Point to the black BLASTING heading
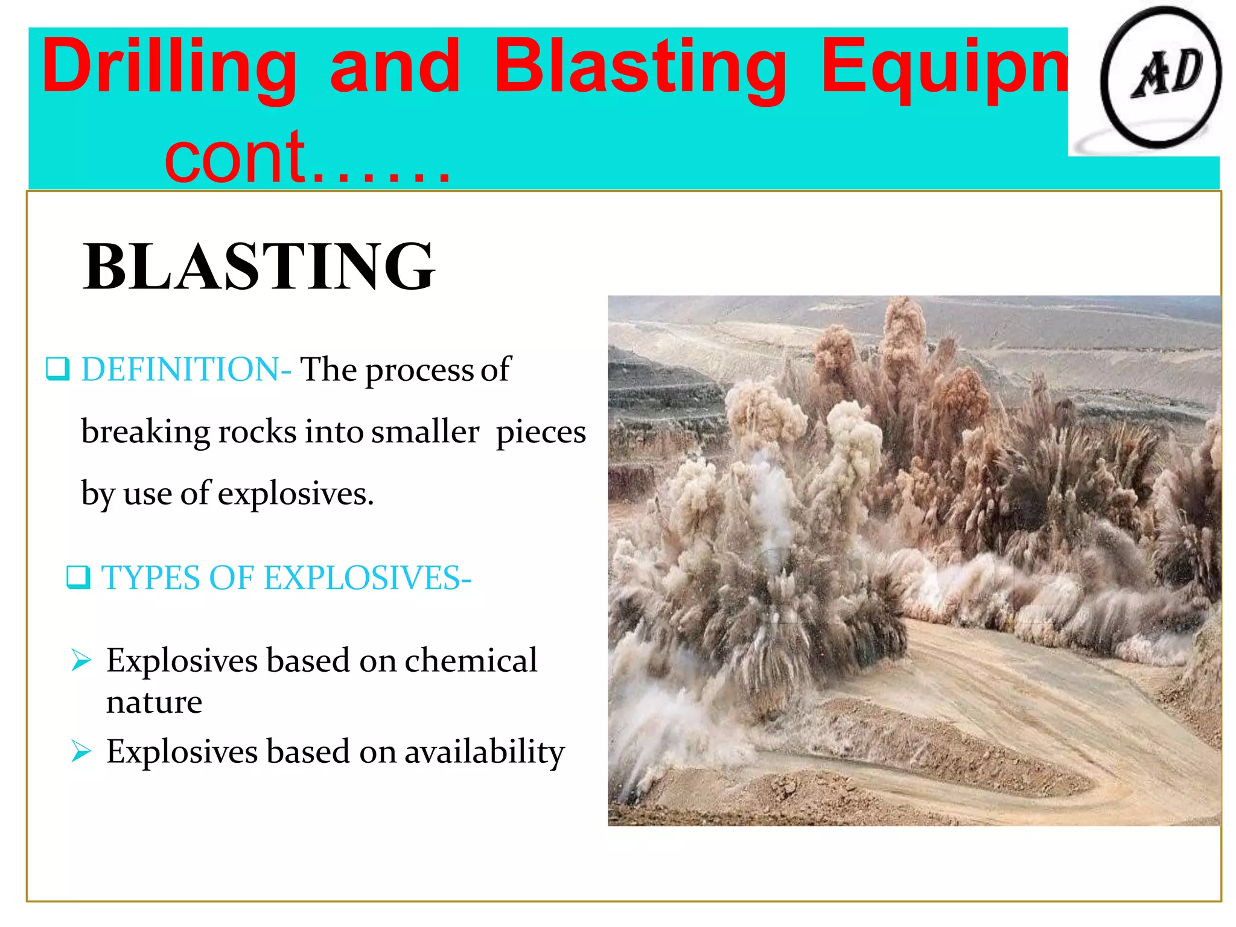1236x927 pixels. click(x=259, y=266)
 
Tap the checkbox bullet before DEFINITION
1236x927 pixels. click(x=58, y=369)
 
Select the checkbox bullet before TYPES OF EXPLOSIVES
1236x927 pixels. click(x=78, y=578)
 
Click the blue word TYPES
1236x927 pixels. click(x=150, y=578)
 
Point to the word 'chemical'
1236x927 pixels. click(x=471, y=660)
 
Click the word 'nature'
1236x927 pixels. click(x=154, y=702)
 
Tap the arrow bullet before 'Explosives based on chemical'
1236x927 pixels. click(x=81, y=660)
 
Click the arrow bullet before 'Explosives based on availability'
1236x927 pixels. click(x=81, y=751)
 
